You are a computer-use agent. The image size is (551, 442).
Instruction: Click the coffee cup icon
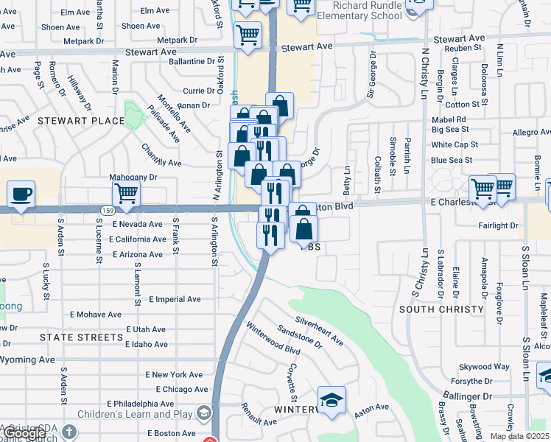click(x=21, y=195)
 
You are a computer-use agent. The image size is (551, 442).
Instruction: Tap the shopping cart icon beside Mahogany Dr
click(x=126, y=194)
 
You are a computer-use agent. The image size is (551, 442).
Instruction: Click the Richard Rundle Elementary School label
click(x=359, y=9)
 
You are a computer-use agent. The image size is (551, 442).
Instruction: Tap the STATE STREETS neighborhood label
click(x=73, y=337)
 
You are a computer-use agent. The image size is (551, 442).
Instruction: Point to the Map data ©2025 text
click(x=519, y=436)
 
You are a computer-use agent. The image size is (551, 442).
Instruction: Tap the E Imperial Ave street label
click(x=175, y=300)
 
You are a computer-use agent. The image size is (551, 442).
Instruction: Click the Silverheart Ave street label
click(x=319, y=331)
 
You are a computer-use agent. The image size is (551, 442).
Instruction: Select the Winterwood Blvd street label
click(x=269, y=337)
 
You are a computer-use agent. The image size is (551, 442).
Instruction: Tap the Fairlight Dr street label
click(x=498, y=226)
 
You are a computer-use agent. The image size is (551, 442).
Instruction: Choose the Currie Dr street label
click(x=198, y=91)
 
